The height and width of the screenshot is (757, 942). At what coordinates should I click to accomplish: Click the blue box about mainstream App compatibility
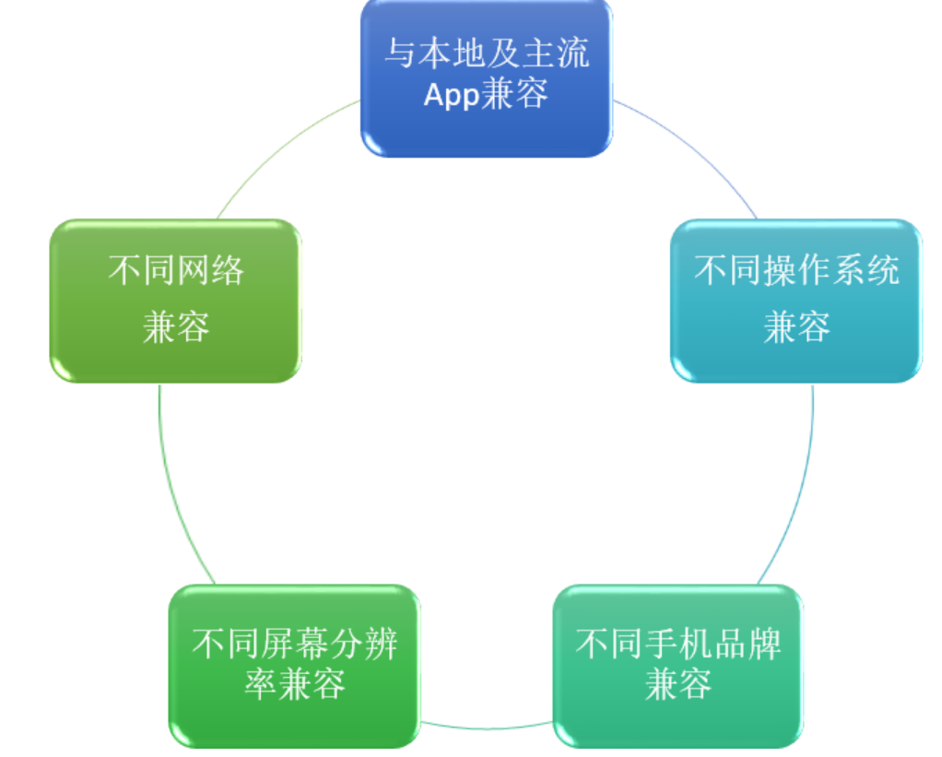[x=486, y=78]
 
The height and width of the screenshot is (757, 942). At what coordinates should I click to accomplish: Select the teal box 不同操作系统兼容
[x=796, y=301]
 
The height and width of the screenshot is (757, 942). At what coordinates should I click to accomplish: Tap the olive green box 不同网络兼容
[x=175, y=301]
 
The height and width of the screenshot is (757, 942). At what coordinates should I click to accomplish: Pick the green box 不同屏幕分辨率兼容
[x=294, y=667]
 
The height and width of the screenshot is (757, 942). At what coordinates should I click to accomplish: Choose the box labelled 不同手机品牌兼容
[x=678, y=667]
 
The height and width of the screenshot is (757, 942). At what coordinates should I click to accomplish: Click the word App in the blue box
[x=451, y=94]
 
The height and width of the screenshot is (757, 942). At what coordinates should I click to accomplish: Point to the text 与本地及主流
[x=487, y=53]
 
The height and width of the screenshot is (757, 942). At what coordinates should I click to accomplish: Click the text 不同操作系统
[x=796, y=270]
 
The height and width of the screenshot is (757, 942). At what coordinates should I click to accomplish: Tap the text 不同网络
[x=175, y=270]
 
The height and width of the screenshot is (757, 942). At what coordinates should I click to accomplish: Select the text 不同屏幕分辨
[x=294, y=645]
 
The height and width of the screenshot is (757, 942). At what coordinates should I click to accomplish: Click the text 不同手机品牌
[x=678, y=645]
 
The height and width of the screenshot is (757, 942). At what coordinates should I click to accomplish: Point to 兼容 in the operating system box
[x=796, y=326]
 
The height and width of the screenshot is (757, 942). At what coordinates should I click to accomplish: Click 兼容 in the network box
[x=175, y=326]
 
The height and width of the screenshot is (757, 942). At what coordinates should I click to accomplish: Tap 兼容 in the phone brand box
[x=678, y=684]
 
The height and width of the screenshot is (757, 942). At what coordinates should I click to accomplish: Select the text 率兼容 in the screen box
[x=294, y=684]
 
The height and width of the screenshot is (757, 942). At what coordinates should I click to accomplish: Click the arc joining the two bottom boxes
[x=487, y=728]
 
